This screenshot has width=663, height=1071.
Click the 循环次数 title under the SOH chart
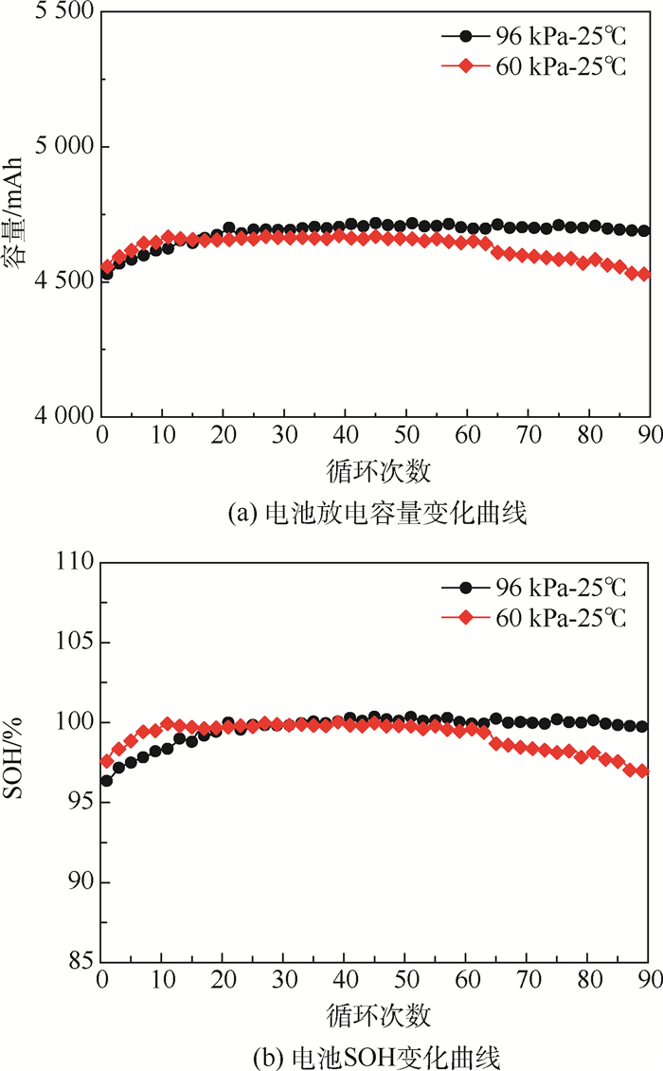tap(377, 1015)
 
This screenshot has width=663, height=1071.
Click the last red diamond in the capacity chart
tap(644, 274)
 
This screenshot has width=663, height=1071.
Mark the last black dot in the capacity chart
tap(644, 230)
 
